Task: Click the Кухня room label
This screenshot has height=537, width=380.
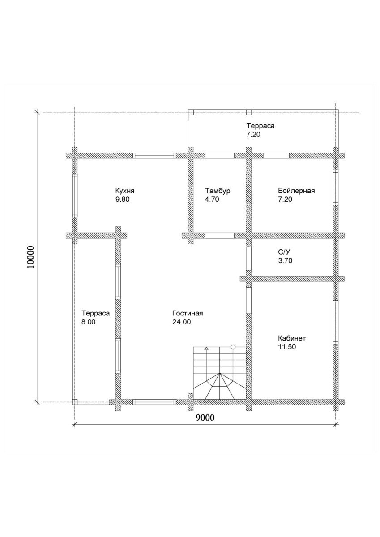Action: (125, 191)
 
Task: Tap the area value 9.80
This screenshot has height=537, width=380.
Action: (123, 200)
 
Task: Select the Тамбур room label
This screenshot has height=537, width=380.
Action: (218, 191)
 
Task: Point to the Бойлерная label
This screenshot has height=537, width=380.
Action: (296, 191)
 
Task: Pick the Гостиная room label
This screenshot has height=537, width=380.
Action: (188, 313)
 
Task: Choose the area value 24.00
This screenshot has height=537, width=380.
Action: (181, 322)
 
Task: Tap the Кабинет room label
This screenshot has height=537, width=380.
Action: (292, 338)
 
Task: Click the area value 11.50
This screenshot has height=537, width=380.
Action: (287, 347)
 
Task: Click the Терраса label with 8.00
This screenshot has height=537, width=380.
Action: (96, 313)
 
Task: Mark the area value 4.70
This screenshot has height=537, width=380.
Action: (212, 200)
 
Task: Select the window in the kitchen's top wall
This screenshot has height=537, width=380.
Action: (154, 156)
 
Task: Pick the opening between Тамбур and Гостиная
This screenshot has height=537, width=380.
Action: (220, 235)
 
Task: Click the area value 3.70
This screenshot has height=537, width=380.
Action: (285, 260)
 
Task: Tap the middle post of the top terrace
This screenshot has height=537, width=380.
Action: (249, 112)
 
